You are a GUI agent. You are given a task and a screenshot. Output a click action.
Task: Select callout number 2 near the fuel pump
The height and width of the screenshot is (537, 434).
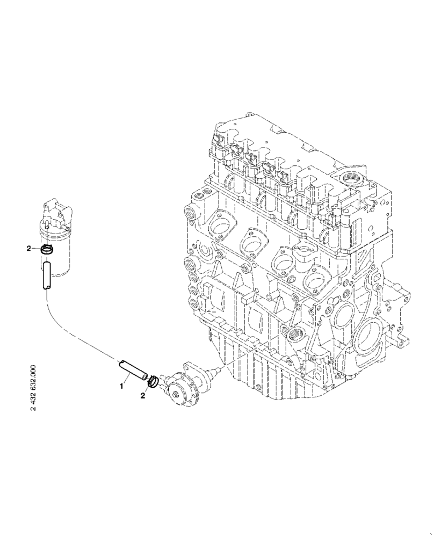pyautogui.click(x=142, y=396)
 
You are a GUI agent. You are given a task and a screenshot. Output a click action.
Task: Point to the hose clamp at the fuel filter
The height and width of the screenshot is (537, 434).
pyautogui.click(x=48, y=249)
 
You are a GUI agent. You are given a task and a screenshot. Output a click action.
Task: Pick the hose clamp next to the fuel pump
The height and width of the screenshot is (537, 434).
pyautogui.click(x=153, y=380)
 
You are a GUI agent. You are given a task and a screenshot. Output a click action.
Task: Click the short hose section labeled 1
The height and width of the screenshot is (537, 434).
pyautogui.click(x=132, y=371)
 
